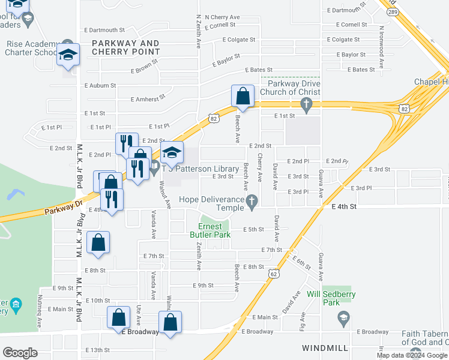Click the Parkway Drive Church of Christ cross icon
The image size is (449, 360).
tap(307, 106)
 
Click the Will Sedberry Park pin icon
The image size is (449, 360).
tap(343, 317)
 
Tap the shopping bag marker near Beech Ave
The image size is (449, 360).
tap(243, 95)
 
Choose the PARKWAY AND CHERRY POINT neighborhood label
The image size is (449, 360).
tap(125, 47)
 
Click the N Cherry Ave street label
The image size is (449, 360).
tap(222, 17)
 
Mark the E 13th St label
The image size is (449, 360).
tap(97, 350)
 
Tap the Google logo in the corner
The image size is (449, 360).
tap(20, 353)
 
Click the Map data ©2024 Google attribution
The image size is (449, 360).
tap(412, 355)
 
